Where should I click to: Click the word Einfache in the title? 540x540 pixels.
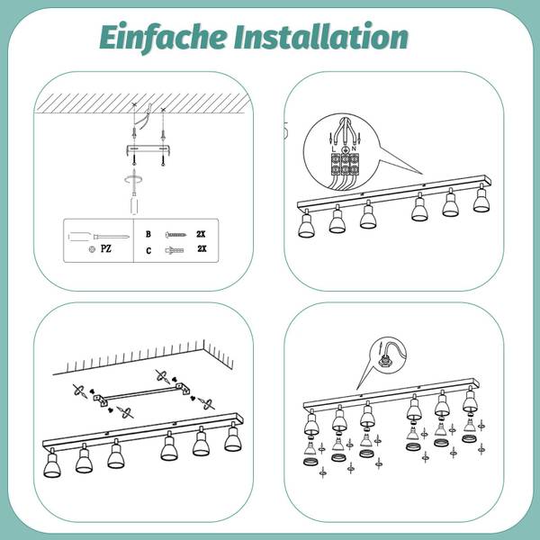(x=164, y=37)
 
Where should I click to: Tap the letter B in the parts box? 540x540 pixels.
(x=148, y=234)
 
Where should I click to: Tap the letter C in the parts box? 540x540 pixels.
(x=148, y=250)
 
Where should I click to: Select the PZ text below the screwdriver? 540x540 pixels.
(x=106, y=248)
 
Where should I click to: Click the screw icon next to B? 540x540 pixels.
(x=175, y=235)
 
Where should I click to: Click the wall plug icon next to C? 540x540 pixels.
(x=175, y=250)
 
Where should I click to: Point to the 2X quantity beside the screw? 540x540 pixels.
(x=201, y=234)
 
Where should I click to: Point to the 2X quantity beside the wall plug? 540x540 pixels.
(x=202, y=248)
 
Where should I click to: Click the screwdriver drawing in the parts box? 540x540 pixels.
(x=98, y=237)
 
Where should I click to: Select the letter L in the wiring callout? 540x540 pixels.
(x=333, y=149)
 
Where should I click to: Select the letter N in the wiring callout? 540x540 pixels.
(x=354, y=148)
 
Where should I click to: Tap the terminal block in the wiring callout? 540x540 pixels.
(x=345, y=164)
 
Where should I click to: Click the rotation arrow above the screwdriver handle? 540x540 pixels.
(x=133, y=179)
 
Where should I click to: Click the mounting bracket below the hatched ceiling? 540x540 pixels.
(x=148, y=150)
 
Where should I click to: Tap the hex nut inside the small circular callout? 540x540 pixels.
(x=382, y=363)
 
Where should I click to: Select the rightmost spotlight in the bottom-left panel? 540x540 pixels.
(x=233, y=439)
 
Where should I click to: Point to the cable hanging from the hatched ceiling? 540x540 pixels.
(x=145, y=115)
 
